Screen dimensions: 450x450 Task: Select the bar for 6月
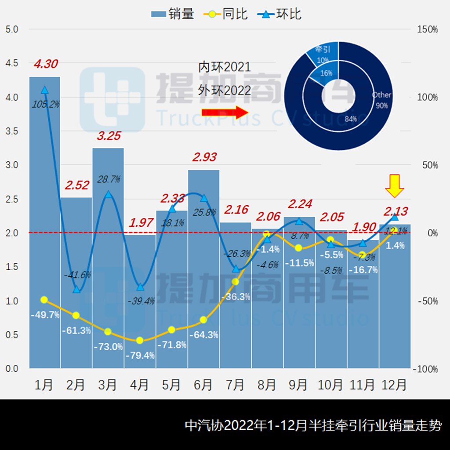[203, 268]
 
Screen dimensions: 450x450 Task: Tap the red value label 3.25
[108, 136]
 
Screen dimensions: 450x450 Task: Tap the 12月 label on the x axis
[394, 385]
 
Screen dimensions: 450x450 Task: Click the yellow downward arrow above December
[394, 186]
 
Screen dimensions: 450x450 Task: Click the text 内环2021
[225, 67]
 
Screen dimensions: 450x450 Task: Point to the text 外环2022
[225, 90]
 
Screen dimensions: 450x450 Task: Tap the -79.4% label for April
[140, 355]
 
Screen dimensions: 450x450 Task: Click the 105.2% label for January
[45, 104]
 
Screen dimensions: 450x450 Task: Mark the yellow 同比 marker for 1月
[44, 300]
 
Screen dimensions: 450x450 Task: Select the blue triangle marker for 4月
[140, 287]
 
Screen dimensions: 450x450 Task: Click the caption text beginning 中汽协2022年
[313, 425]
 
